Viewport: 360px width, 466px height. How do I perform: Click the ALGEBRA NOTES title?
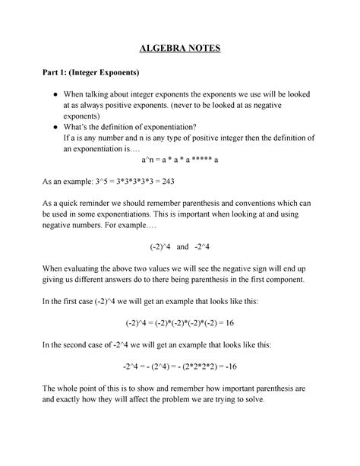click(180, 49)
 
